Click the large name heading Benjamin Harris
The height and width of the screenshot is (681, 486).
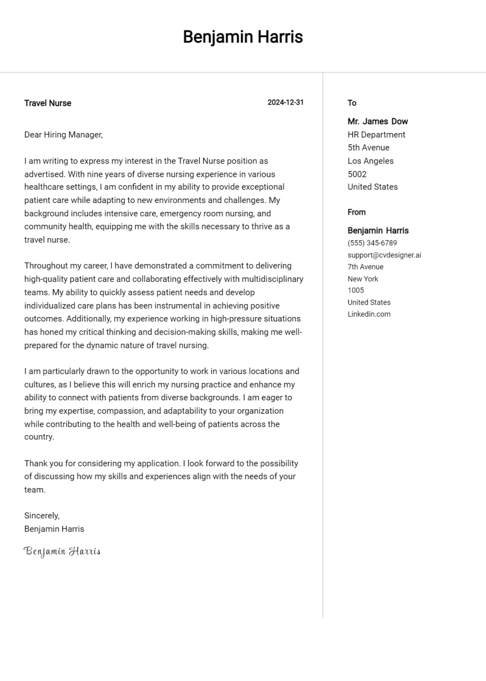[243, 37]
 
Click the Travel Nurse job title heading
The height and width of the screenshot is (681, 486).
[47, 103]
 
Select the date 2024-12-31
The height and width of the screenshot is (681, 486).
[285, 102]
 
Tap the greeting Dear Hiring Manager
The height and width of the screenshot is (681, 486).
[63, 135]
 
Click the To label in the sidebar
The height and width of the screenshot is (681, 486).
[352, 103]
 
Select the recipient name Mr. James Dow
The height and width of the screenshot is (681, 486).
[378, 121]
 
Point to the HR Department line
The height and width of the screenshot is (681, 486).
[376, 135]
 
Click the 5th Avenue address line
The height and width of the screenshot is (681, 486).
[368, 148]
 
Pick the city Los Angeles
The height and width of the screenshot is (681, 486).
[371, 161]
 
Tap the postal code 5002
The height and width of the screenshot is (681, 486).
[357, 174]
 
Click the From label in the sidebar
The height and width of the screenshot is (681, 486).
[356, 212]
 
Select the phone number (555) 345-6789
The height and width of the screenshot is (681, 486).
[372, 243]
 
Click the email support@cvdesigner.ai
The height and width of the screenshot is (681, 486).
[384, 255]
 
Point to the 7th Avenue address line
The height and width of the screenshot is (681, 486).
[365, 267]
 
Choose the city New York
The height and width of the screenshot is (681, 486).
[363, 279]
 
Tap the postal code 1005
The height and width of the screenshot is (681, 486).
[356, 290]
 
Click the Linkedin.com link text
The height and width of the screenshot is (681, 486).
[369, 314]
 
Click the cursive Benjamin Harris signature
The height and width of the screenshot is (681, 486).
[62, 552]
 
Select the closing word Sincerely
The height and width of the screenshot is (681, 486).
[42, 516]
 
